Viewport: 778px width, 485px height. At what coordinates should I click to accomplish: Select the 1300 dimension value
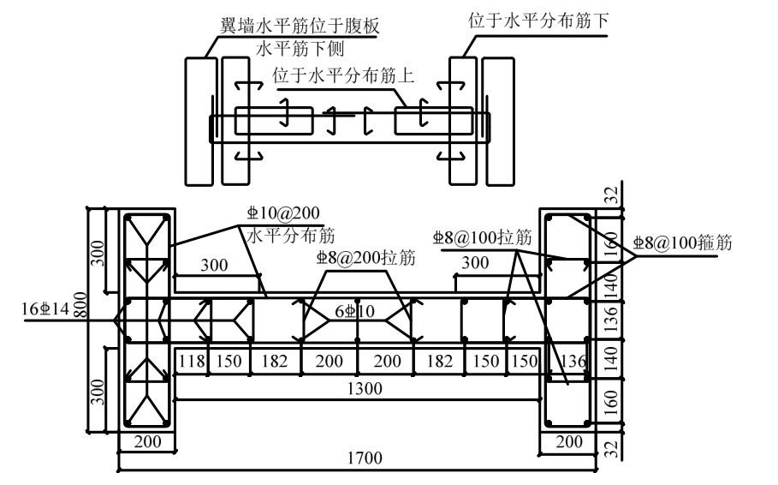tap(359, 388)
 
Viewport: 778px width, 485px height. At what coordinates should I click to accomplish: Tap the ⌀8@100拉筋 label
tap(478, 239)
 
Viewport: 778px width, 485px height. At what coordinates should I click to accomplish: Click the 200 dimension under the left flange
tap(147, 440)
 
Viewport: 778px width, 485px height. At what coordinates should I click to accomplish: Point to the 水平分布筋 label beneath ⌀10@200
tap(291, 233)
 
